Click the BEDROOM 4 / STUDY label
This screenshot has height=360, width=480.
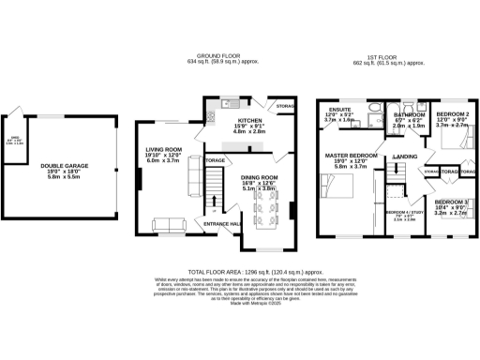[x=404, y=212]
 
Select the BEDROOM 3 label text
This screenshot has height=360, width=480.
[x=452, y=202]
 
